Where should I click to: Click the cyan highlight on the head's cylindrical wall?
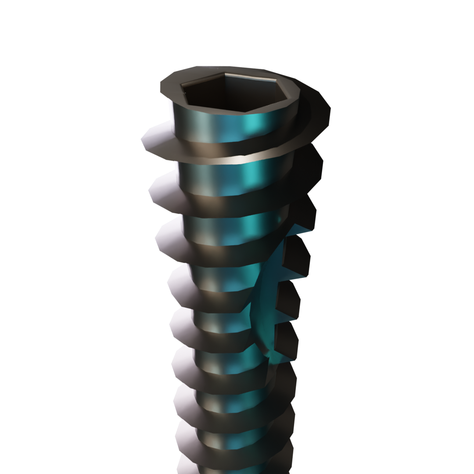pos(255,127)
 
